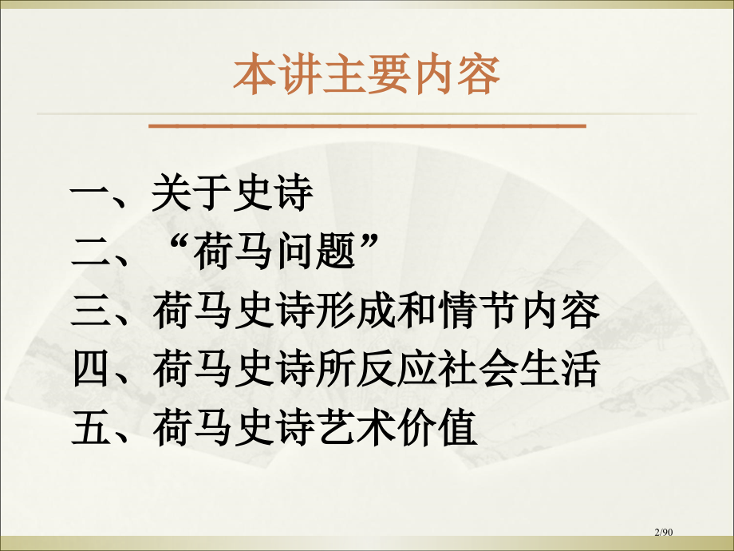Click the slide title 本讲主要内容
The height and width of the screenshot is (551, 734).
pos(367,77)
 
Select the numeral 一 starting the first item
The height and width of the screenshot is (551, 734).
pos(89,195)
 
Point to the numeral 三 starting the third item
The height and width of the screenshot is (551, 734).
pos(89,312)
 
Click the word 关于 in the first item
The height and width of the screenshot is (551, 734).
pos(191,195)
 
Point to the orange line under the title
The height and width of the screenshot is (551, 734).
pos(367,125)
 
